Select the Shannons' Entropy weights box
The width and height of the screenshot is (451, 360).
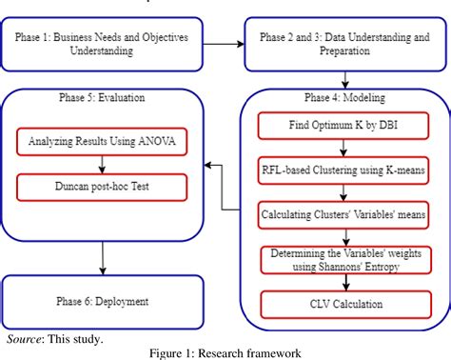[341, 258]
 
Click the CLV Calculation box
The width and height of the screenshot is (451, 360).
[341, 305]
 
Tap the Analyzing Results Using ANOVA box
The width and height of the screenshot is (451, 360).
[103, 143]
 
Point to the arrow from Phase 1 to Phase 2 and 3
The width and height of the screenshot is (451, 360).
[222, 44]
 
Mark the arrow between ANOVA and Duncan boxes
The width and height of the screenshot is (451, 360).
[103, 166]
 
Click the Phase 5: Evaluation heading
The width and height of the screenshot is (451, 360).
[103, 99]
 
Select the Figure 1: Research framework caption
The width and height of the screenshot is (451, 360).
[225, 351]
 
